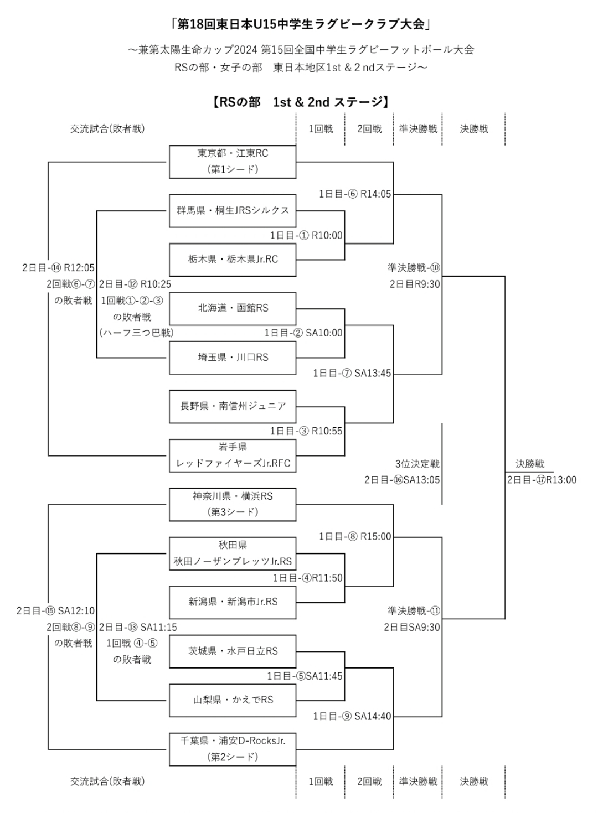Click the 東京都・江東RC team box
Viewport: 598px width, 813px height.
(x=233, y=162)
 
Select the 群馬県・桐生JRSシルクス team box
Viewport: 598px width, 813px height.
(x=233, y=210)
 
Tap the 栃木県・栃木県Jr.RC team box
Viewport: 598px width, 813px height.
(x=233, y=259)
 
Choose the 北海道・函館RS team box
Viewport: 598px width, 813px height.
(x=233, y=308)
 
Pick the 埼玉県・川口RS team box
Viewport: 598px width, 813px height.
(x=233, y=357)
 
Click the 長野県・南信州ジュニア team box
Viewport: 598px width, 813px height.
(x=233, y=406)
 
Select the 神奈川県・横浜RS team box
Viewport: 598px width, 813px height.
(x=233, y=504)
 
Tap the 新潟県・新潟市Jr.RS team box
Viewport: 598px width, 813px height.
(x=233, y=602)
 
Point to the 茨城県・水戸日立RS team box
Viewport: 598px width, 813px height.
(x=233, y=651)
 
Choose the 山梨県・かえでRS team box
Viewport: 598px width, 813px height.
(x=233, y=700)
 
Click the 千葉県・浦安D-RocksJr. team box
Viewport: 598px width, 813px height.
(x=233, y=748)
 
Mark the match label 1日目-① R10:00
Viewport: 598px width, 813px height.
(x=306, y=235)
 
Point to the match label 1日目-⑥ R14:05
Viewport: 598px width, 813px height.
(x=355, y=194)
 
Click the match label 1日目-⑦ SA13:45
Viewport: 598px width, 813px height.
(x=352, y=374)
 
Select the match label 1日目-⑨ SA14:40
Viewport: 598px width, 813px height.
(x=352, y=716)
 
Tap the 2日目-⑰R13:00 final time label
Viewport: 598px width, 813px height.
(x=542, y=480)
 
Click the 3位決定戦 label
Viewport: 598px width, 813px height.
(x=417, y=464)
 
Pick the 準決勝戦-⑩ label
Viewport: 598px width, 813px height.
(x=414, y=268)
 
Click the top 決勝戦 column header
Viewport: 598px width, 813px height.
(x=474, y=129)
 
